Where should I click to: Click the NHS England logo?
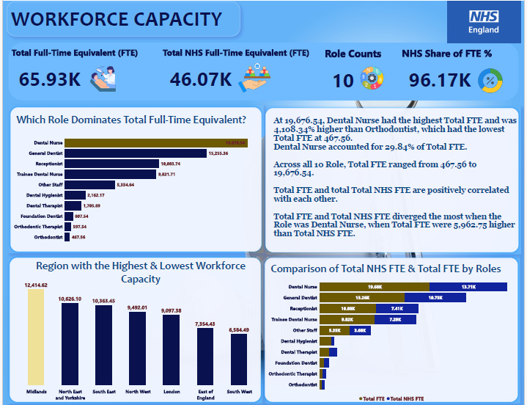pos(483,21)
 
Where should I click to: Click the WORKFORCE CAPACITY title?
pos(117,19)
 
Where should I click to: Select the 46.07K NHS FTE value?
pos(202,79)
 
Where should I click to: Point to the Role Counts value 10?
pos(343,80)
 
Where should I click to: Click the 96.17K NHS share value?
pos(440,80)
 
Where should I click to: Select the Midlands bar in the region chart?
pos(36,337)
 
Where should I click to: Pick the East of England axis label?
pos(205,395)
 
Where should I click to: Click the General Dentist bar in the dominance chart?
pos(136,153)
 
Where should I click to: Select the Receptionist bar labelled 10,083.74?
pos(112,164)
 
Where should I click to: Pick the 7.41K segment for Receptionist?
pos(397,309)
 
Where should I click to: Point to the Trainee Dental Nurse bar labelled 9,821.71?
pos(110,175)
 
